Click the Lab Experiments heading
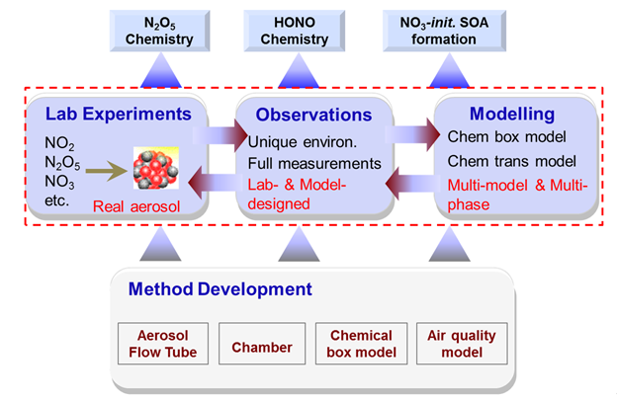(117, 114)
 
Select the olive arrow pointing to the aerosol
(108, 173)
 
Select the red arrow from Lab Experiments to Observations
(221, 133)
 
